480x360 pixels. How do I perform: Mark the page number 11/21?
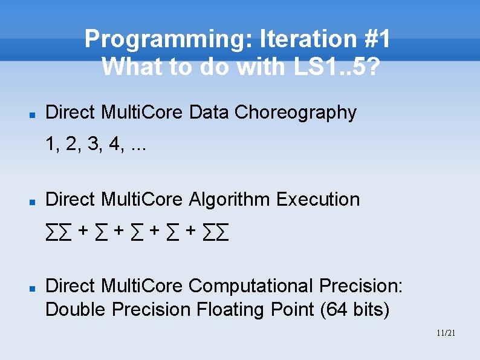point(445,333)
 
